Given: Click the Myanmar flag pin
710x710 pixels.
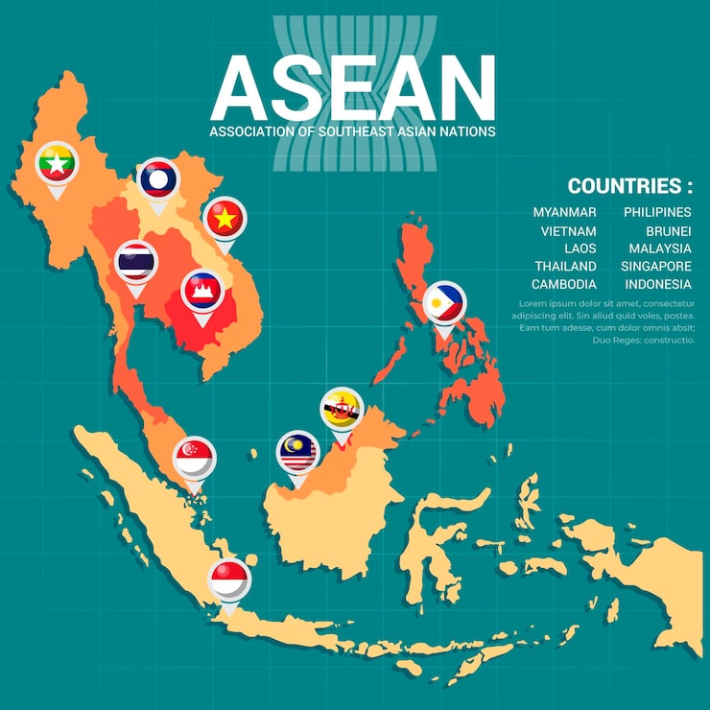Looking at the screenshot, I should tap(56, 164).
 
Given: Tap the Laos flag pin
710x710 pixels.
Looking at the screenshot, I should tap(157, 179).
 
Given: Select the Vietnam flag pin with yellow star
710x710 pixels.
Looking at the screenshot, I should tap(225, 219).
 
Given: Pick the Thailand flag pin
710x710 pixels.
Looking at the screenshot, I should tap(136, 261).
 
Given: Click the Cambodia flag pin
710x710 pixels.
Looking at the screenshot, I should tap(202, 289).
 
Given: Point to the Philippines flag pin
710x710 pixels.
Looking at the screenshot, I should tap(444, 303).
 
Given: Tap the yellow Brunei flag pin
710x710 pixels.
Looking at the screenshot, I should tap(341, 409).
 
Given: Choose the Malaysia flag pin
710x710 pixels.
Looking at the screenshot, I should tap(297, 453).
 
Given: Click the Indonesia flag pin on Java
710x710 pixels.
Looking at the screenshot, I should tap(229, 580).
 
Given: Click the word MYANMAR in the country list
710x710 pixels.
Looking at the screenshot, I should tap(564, 212).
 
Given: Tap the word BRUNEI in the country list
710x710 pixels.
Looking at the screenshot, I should tap(668, 231).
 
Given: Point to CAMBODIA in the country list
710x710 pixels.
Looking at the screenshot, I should tap(563, 285).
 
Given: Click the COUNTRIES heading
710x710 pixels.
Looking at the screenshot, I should tap(629, 186).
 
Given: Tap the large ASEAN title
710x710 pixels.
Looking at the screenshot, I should tap(352, 86).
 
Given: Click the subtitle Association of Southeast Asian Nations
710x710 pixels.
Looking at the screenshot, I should tap(352, 131).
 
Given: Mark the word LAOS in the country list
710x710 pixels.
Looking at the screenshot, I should tap(580, 248).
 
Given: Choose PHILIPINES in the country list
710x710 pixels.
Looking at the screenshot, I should tap(657, 212).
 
